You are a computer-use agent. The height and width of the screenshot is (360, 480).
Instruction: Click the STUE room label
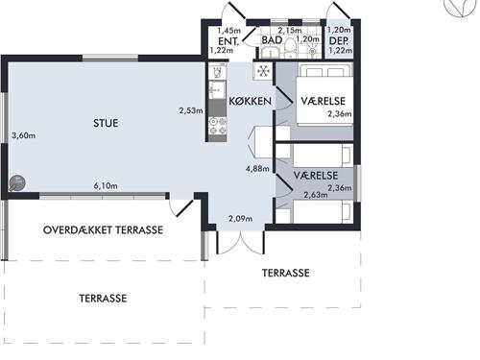pos(106,123)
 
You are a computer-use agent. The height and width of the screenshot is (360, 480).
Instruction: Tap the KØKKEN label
pos(251,102)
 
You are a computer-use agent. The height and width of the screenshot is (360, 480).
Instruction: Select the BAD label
pos(272,40)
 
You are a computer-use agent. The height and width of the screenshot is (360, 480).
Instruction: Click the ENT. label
pos(228,41)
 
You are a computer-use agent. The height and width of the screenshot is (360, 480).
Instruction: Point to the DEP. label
pos(339,41)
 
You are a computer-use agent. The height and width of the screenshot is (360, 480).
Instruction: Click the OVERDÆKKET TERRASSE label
pos(103,230)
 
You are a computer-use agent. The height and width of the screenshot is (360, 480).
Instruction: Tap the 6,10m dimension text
pos(106,185)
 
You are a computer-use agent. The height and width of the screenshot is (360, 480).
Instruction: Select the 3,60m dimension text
pos(24,135)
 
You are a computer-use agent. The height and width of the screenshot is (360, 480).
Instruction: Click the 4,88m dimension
pos(257,169)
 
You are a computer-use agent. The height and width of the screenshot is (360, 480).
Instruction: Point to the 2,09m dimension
pos(240,219)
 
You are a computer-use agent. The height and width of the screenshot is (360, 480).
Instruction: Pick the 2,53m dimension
pos(191,110)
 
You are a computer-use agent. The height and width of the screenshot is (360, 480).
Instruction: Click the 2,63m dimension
pos(316,195)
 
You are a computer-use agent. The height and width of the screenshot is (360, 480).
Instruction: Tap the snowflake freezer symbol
pos(263,71)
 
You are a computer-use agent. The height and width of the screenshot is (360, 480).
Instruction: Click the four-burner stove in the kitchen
pos(217,126)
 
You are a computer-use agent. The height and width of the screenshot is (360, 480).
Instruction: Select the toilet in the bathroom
pos(291,48)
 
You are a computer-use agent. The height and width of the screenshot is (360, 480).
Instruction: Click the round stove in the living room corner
pos(17,183)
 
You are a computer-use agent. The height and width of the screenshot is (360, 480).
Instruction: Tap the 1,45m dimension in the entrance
pos(228,31)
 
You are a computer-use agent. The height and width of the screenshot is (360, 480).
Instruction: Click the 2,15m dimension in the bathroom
pos(290,31)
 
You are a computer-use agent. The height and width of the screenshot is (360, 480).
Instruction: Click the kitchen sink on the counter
pos(217,90)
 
